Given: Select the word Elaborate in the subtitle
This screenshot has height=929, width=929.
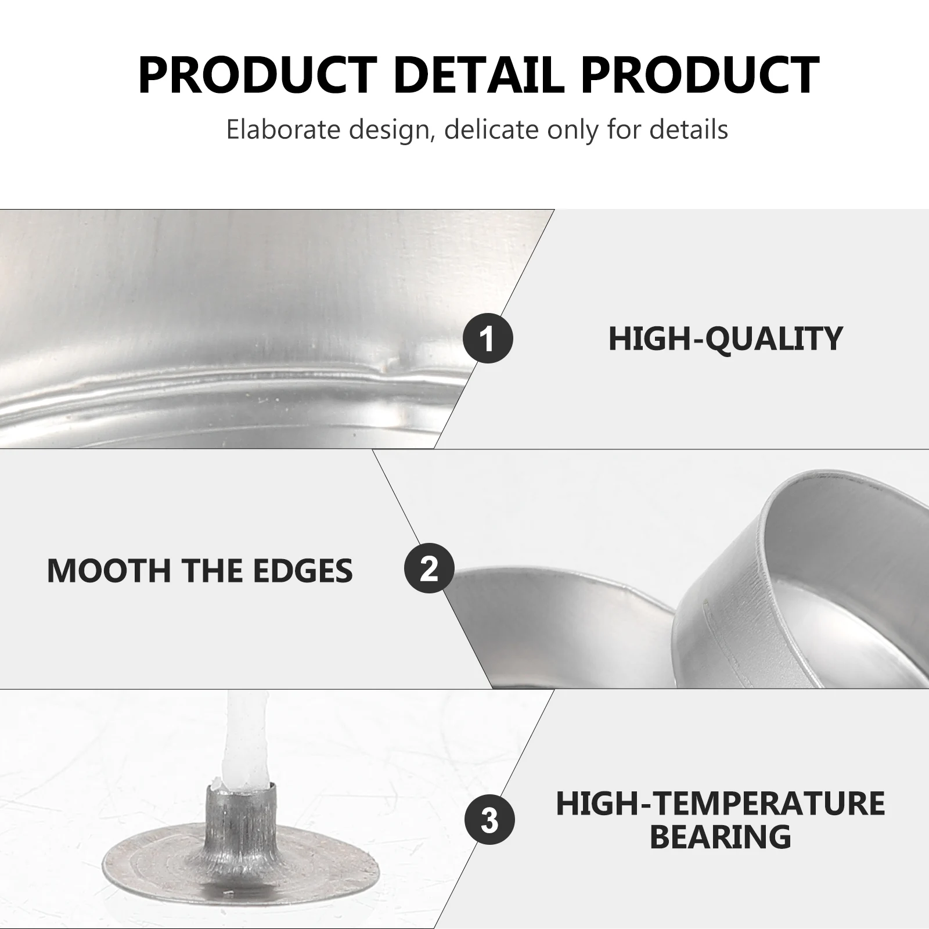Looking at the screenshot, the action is click(284, 129).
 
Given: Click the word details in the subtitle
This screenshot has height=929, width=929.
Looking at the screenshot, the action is click(689, 129).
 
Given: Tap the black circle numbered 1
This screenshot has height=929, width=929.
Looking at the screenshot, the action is click(488, 338).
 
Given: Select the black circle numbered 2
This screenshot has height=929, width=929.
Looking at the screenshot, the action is click(429, 568).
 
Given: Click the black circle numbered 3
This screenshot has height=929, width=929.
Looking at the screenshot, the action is click(489, 820).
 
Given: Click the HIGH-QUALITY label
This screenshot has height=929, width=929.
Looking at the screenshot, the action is click(725, 339).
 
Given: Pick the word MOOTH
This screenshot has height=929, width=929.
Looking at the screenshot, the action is click(109, 570).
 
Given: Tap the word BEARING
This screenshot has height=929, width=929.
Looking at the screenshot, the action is click(720, 837).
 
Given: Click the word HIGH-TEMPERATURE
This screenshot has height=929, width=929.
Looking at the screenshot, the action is click(721, 804).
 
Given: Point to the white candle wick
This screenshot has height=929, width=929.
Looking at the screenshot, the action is click(242, 738).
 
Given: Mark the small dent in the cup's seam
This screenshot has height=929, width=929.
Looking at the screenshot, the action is click(386, 363).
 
